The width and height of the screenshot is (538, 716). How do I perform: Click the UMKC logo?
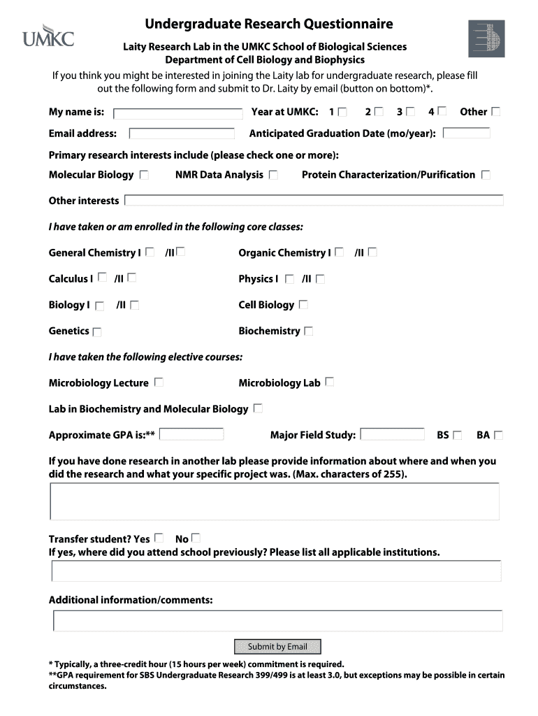point(48,36)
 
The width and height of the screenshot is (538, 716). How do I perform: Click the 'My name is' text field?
point(177,113)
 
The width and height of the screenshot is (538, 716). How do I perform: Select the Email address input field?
point(182,134)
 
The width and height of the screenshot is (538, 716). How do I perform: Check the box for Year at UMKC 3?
point(410,111)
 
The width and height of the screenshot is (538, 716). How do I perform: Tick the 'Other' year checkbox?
point(496,111)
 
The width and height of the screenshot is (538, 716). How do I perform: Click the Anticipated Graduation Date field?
point(465,133)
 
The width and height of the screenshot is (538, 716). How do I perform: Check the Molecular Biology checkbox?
point(144,175)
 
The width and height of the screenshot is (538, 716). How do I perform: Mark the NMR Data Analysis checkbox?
point(273,175)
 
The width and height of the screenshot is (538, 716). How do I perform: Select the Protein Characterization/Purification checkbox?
point(486,175)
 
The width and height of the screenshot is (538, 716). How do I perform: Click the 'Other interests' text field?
point(314,201)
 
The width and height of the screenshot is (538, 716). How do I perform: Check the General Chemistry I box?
point(150,252)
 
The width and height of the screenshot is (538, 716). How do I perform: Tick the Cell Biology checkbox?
point(303,305)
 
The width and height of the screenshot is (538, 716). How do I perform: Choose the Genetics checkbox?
point(96,331)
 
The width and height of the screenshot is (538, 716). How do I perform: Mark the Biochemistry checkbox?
point(308,331)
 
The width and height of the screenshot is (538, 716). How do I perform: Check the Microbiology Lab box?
point(330,382)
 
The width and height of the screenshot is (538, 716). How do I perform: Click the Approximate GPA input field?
point(191,434)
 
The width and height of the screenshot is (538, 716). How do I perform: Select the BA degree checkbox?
point(498,435)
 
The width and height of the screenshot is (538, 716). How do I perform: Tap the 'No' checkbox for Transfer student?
point(196,538)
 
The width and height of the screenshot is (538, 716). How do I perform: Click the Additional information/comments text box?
point(277,621)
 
